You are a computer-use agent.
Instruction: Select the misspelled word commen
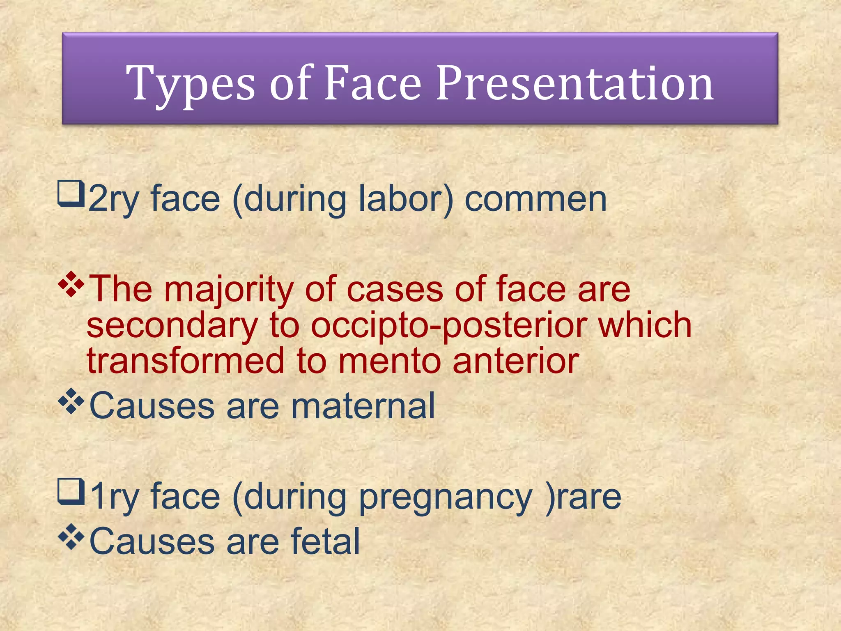point(535,199)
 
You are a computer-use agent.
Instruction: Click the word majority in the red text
point(230,289)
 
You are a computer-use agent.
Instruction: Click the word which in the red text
point(644,325)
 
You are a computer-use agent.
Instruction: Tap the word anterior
point(516,361)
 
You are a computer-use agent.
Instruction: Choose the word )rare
point(583,497)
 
